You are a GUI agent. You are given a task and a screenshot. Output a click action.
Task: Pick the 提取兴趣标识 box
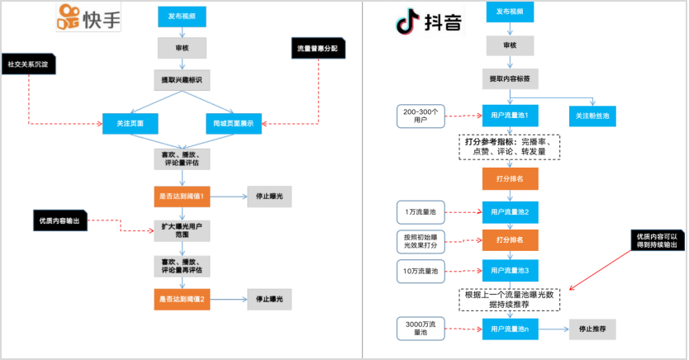point(182,79)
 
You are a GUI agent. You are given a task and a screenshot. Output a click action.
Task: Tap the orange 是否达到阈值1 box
point(181,197)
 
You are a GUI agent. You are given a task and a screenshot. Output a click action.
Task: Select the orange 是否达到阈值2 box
point(181,298)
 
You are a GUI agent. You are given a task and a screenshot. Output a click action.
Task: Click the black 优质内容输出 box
point(59,220)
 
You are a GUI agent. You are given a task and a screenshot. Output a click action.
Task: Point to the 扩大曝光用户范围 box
point(182,230)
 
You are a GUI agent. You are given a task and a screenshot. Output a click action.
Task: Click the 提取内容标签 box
point(510,78)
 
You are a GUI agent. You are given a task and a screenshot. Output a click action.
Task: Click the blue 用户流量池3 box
point(510,270)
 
